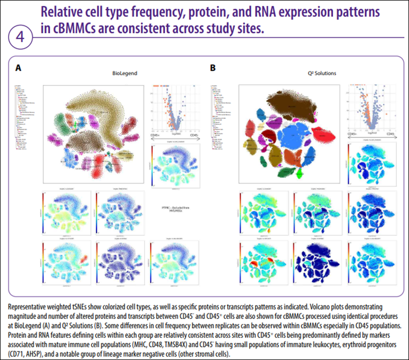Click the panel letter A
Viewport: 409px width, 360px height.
pyautogui.click(x=19, y=68)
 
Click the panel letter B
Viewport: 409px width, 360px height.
pyautogui.click(x=213, y=68)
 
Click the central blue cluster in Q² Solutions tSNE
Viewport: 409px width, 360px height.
pyautogui.click(x=299, y=136)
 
